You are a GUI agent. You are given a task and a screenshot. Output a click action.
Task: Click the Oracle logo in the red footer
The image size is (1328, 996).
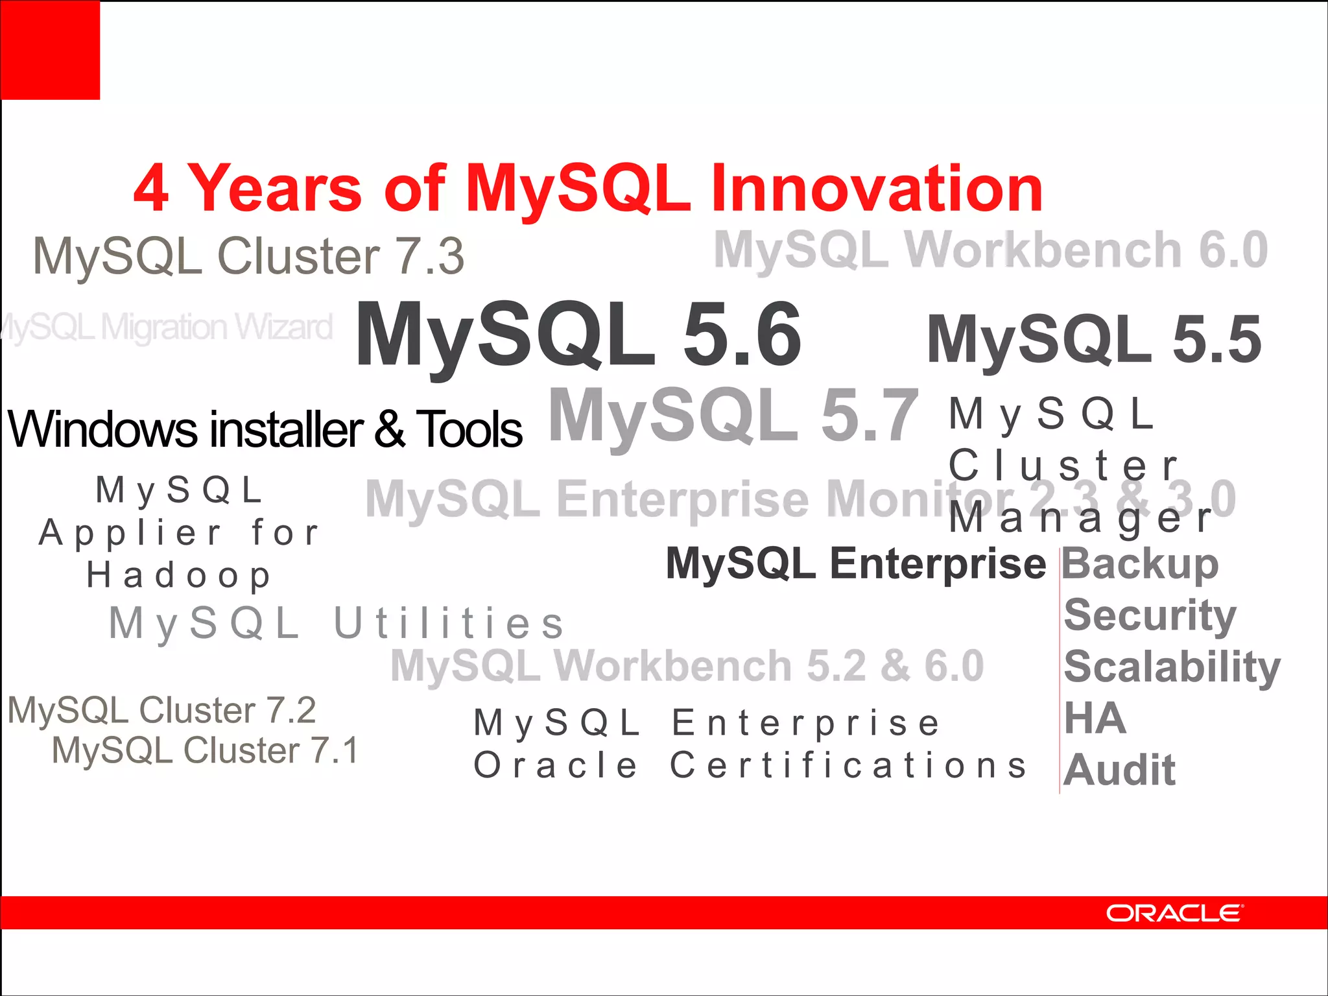click(1174, 913)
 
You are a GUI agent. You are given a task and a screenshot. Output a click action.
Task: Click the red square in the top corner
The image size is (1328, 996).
click(50, 50)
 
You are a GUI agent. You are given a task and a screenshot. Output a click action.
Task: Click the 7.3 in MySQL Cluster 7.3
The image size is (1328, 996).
click(429, 256)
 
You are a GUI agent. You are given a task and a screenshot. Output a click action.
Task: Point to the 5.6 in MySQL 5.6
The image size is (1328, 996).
click(742, 336)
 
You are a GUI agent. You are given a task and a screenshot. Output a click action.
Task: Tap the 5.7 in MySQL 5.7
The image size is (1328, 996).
click(869, 415)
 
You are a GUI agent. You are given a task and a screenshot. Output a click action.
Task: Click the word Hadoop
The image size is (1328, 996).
click(179, 576)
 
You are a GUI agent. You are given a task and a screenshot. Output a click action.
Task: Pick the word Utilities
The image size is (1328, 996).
click(449, 624)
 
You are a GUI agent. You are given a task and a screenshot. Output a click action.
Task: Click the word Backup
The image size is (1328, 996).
click(1140, 564)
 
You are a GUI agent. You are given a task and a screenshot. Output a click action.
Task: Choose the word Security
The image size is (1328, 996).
click(1150, 615)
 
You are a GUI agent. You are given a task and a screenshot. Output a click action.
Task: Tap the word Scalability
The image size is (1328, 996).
click(1172, 667)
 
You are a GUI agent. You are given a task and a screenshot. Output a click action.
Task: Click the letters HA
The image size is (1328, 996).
click(1095, 718)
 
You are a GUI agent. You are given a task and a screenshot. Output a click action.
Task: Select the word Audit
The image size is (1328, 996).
click(1119, 770)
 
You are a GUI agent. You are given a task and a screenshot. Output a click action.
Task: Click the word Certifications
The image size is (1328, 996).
click(848, 765)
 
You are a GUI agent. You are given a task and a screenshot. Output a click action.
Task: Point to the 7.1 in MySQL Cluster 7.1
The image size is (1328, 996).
click(335, 751)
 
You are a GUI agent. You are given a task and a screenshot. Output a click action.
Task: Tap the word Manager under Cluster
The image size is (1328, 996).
click(1080, 519)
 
